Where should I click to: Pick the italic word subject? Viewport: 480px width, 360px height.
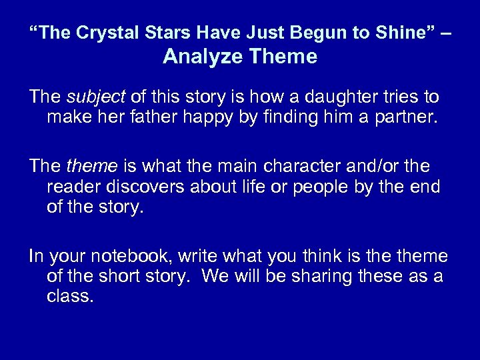[x=96, y=98]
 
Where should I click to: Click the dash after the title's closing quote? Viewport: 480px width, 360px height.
[x=445, y=33]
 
